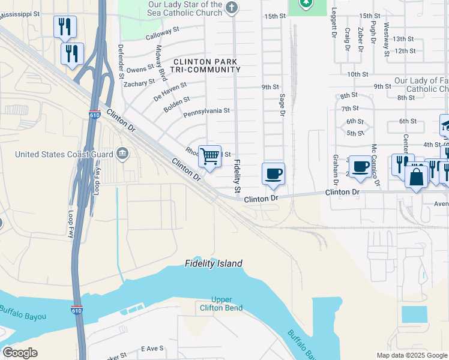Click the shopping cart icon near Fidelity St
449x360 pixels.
tap(210, 157)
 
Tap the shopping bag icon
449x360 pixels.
tap(417, 177)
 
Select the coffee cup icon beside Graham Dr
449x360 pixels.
tap(360, 166)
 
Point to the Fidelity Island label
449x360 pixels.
tap(213, 263)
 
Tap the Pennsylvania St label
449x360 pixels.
tap(206, 111)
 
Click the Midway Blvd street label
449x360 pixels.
tap(161, 62)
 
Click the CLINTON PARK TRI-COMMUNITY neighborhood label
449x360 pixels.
tap(206, 66)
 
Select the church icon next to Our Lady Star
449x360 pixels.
tap(232, 8)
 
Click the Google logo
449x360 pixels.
tap(20, 353)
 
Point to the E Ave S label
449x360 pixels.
tap(152, 349)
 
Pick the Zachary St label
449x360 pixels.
tap(139, 83)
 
